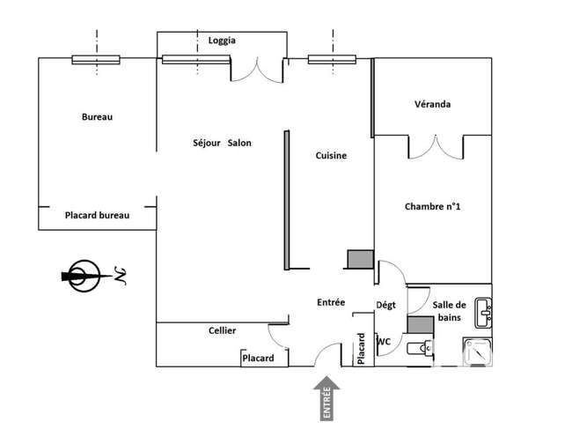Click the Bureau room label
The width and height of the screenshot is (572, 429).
(97, 117)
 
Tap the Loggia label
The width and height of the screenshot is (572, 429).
(222, 41)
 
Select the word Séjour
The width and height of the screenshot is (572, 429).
(207, 143)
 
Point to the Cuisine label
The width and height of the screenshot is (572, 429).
(331, 156)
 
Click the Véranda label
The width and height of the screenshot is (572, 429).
(432, 104)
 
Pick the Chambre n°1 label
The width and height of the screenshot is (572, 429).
(432, 207)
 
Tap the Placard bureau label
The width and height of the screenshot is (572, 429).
(97, 216)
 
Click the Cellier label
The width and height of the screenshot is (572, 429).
(222, 330)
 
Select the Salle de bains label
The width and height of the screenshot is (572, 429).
(449, 311)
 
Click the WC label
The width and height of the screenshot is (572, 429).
(384, 342)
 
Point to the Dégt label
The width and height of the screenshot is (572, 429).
(385, 305)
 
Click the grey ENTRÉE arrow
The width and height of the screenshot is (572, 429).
(326, 398)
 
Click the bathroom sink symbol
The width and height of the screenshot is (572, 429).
(483, 313)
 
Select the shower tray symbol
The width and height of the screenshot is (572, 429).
(478, 351)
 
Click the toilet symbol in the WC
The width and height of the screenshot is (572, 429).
(420, 348)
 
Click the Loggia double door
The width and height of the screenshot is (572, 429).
(257, 72)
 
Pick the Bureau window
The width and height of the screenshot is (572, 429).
(96, 60)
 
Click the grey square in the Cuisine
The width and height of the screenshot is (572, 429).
(361, 259)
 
